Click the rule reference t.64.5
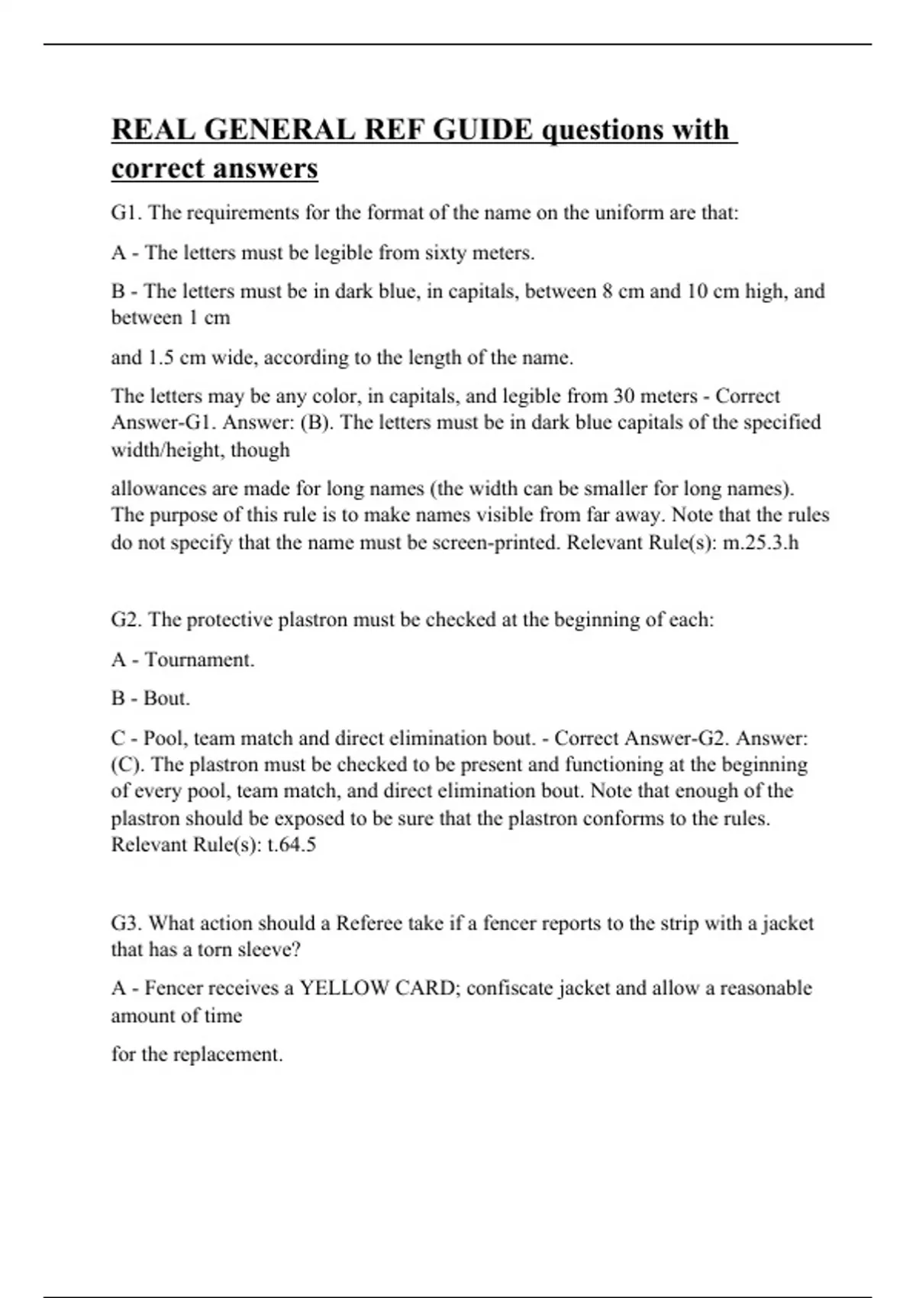pos(292,844)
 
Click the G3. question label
pos(127,923)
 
